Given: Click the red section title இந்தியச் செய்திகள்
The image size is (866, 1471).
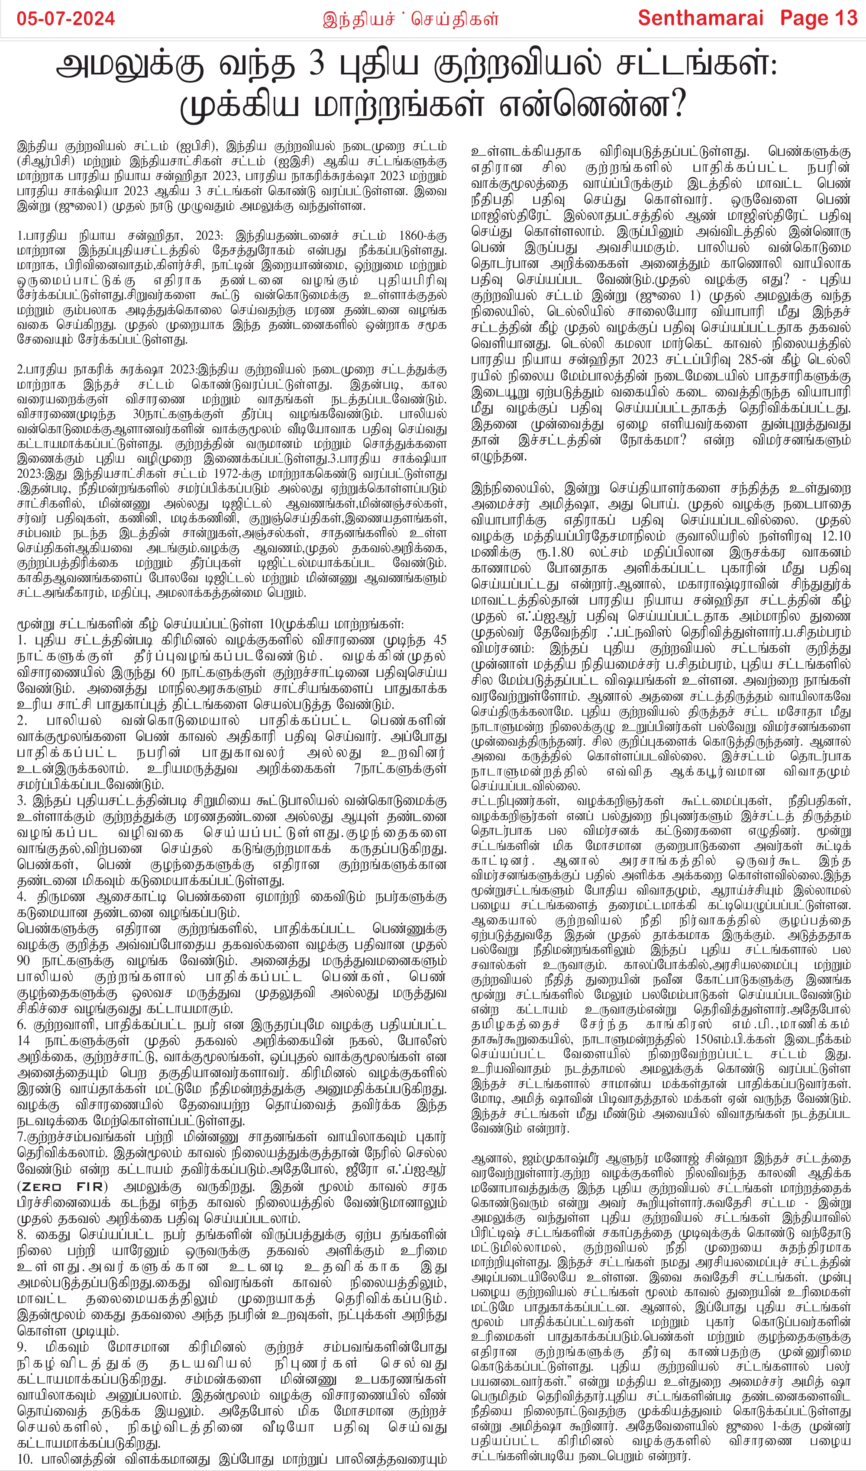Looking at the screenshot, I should (410, 19).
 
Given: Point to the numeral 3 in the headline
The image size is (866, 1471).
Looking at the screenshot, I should (316, 66).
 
